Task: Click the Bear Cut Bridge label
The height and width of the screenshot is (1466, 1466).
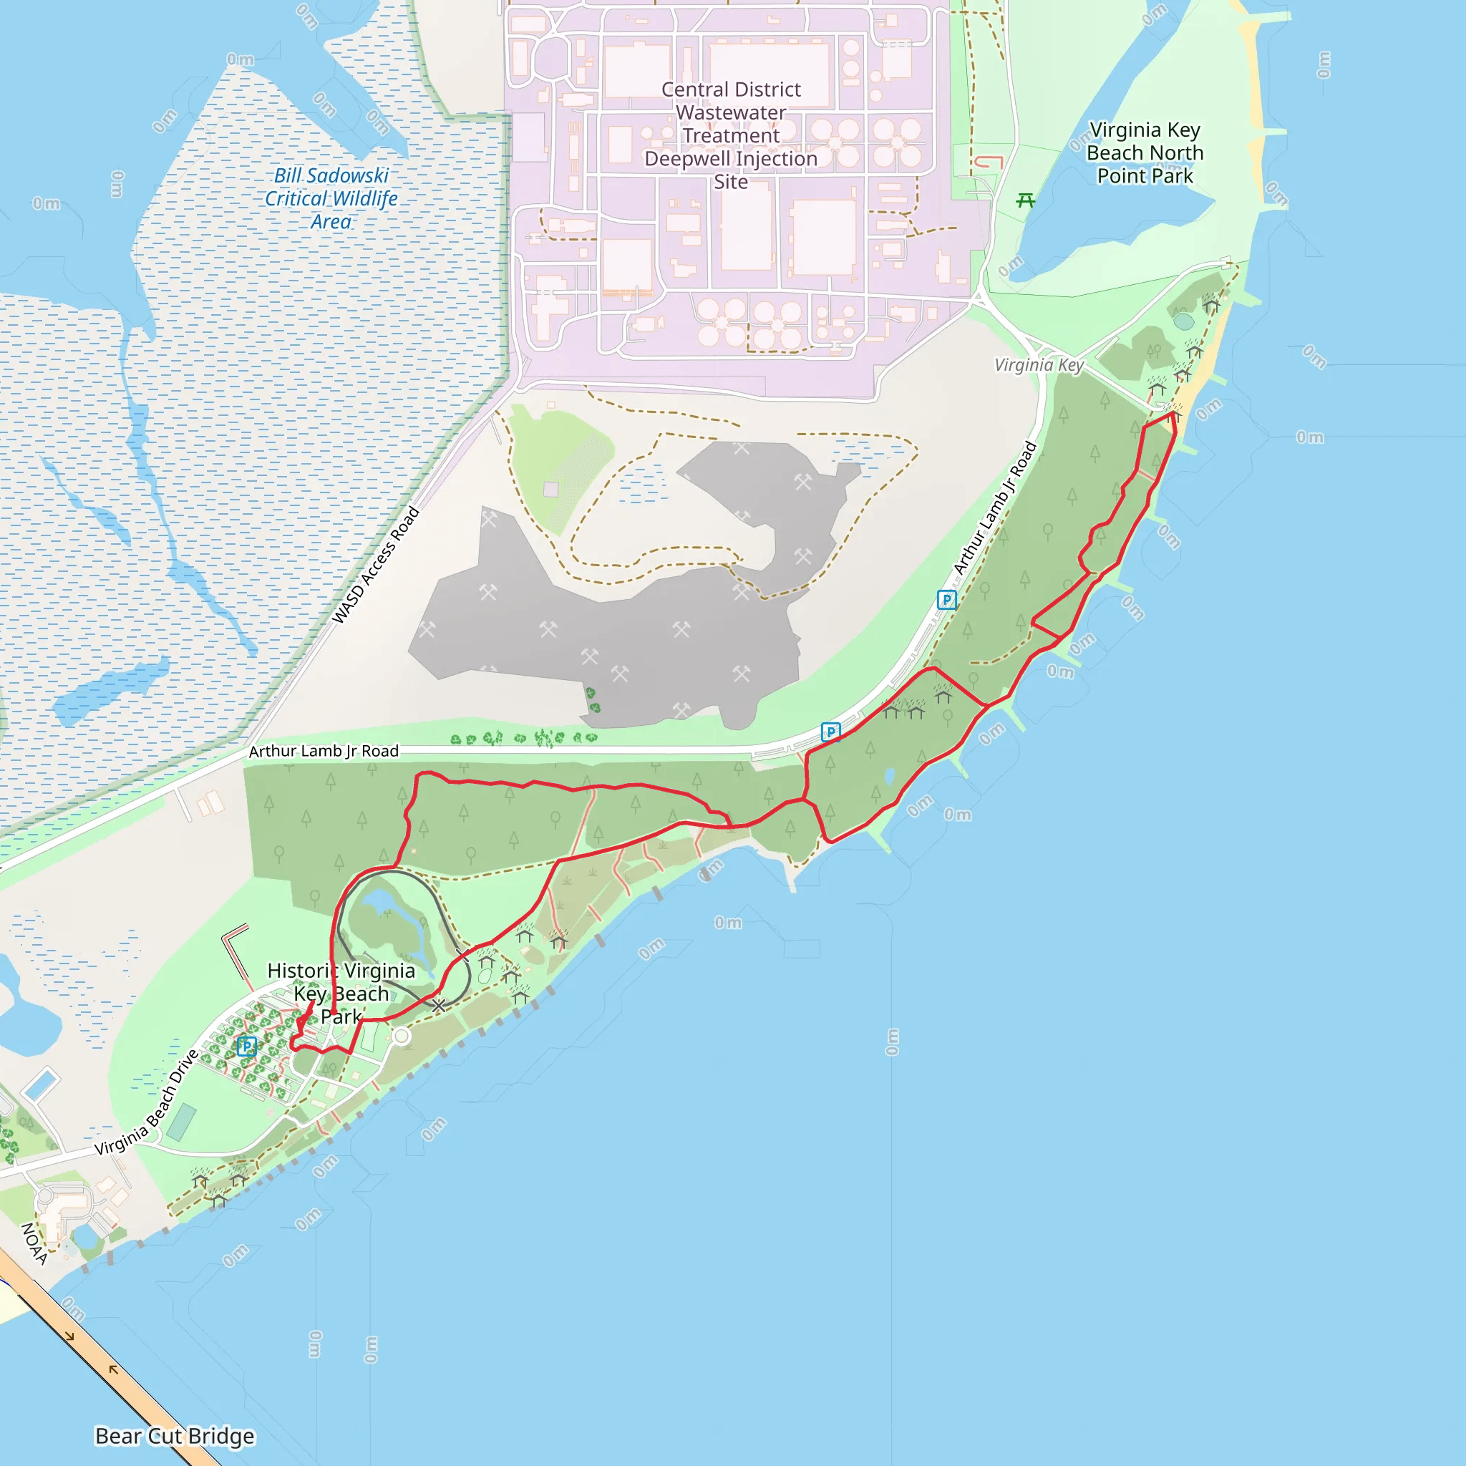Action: point(175,1437)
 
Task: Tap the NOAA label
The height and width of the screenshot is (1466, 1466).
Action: point(34,1244)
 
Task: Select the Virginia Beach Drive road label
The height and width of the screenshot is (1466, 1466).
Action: point(147,1102)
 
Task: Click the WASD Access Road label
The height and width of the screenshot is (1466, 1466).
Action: point(376,565)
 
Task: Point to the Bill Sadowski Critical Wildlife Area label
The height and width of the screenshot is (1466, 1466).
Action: point(331,198)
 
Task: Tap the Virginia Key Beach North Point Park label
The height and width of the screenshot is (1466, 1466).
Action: point(1145,152)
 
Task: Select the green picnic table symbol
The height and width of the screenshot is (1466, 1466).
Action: point(1026,200)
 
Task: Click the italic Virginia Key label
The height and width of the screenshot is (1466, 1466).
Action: point(1039,365)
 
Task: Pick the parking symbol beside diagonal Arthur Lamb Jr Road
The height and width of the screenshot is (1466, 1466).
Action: point(946,600)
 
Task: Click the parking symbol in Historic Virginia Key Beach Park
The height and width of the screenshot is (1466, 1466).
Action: point(246,1047)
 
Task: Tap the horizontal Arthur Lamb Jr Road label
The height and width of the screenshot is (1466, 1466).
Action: point(324,751)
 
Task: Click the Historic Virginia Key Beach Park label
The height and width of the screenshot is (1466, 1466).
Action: point(341,994)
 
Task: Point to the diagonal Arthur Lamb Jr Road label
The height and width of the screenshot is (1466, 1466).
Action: point(994,508)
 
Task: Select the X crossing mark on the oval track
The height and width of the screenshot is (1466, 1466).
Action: point(439,1006)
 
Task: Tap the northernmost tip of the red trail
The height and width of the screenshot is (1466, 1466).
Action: point(1173,413)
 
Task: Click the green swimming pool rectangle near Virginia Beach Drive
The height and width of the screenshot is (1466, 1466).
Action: point(181,1123)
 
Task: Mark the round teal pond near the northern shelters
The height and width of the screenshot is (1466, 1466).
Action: point(1184,321)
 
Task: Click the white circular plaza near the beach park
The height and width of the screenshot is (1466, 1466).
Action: point(402,1037)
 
